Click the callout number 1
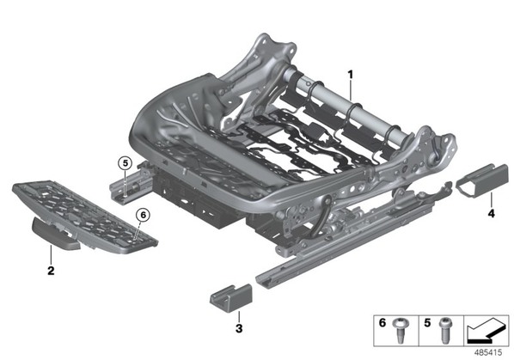point(351,75)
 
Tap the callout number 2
point(51,271)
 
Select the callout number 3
point(239,328)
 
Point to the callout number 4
point(491,214)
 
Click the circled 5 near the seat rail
point(125,162)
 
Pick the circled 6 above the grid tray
point(143,215)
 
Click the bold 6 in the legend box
point(382,323)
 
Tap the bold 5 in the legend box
point(427,323)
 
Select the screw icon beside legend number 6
point(400,330)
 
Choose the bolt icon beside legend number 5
point(446,330)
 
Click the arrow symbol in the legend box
point(486,331)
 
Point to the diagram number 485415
point(488,352)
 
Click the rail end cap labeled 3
point(231,299)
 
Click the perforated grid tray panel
point(85,217)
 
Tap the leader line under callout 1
point(351,90)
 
